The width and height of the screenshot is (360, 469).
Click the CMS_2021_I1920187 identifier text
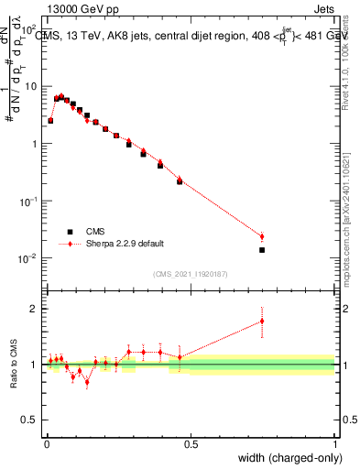(x=190, y=273)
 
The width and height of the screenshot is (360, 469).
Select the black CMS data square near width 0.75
(x=262, y=249)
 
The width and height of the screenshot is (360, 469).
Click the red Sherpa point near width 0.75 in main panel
(x=262, y=236)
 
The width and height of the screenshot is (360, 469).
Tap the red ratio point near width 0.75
(x=262, y=321)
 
